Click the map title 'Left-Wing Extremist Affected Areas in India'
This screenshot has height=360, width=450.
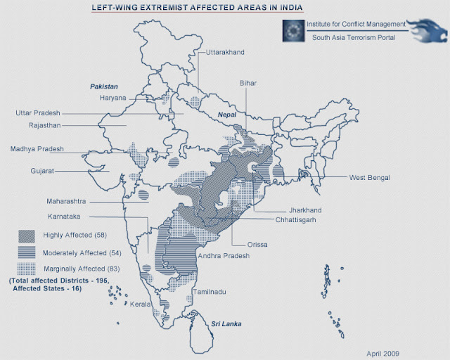click(198, 8)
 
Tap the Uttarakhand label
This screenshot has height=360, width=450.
click(226, 53)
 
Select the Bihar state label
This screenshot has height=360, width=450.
click(248, 83)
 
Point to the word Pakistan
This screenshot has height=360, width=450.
click(103, 86)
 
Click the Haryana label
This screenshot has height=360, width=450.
click(114, 98)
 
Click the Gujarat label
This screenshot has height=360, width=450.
click(42, 171)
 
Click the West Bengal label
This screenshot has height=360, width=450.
click(369, 177)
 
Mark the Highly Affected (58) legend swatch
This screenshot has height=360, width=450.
click(27, 235)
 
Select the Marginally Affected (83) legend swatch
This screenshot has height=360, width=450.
click(27, 269)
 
